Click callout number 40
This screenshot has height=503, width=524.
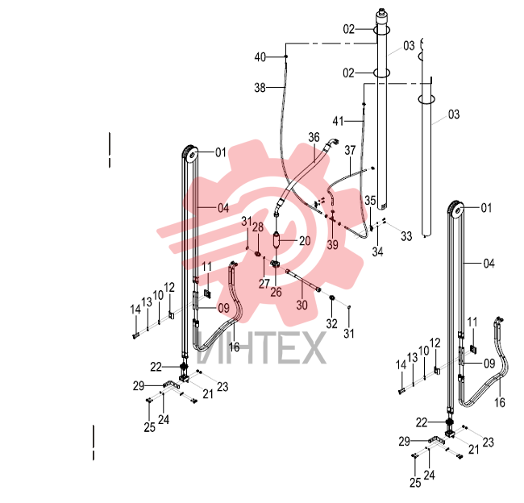[260, 57]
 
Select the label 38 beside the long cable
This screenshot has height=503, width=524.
[260, 88]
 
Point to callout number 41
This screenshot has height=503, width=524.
[339, 121]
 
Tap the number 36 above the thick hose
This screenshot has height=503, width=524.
[314, 137]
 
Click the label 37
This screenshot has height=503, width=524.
[350, 150]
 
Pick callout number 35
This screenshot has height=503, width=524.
[370, 200]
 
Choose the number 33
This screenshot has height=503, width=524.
[406, 236]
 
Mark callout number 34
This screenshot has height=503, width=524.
[377, 251]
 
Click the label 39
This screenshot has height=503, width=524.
[332, 245]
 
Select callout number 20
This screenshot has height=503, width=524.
[305, 241]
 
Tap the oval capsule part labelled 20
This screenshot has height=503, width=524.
[277, 240]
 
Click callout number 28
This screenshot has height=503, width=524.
[258, 227]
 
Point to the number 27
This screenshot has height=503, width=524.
[264, 284]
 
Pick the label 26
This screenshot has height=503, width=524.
[276, 292]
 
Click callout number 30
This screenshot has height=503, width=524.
[302, 305]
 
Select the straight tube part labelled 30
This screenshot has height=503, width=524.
[303, 281]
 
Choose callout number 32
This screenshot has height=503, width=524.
[332, 323]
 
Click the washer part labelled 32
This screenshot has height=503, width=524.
[332, 297]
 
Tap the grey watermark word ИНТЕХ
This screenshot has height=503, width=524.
[261, 347]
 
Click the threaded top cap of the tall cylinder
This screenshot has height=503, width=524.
[381, 14]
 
